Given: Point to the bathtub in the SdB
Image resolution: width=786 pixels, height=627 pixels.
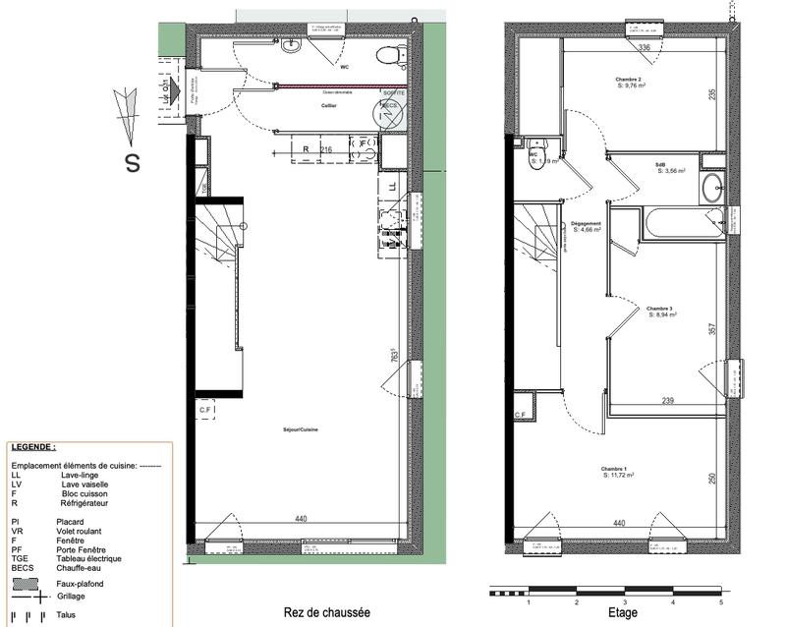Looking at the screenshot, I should [x=683, y=223].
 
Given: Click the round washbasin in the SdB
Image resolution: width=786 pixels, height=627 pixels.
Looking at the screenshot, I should [x=712, y=189].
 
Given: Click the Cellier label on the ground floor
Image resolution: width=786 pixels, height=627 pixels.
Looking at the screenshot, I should [x=330, y=104].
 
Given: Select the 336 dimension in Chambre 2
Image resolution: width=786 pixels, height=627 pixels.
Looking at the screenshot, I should [x=645, y=47].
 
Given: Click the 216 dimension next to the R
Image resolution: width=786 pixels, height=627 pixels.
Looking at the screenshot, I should [x=326, y=148].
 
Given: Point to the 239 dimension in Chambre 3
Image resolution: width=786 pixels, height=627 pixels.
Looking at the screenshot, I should [x=667, y=401].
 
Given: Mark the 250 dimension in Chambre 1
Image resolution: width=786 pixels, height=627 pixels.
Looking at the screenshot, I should [x=712, y=479].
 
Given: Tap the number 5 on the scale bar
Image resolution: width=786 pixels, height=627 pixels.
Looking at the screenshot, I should [x=720, y=601].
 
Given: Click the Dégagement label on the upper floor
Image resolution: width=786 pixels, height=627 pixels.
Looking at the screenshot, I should [x=585, y=223].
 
